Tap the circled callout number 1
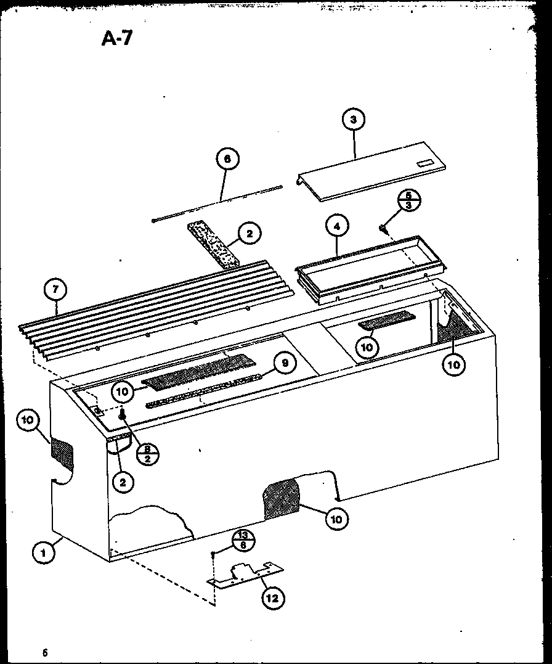[44, 552]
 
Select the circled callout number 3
[354, 120]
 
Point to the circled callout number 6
[227, 159]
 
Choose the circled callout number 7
[56, 289]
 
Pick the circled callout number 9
[285, 364]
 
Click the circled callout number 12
[271, 597]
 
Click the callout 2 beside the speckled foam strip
[250, 233]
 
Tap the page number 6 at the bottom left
[45, 652]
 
